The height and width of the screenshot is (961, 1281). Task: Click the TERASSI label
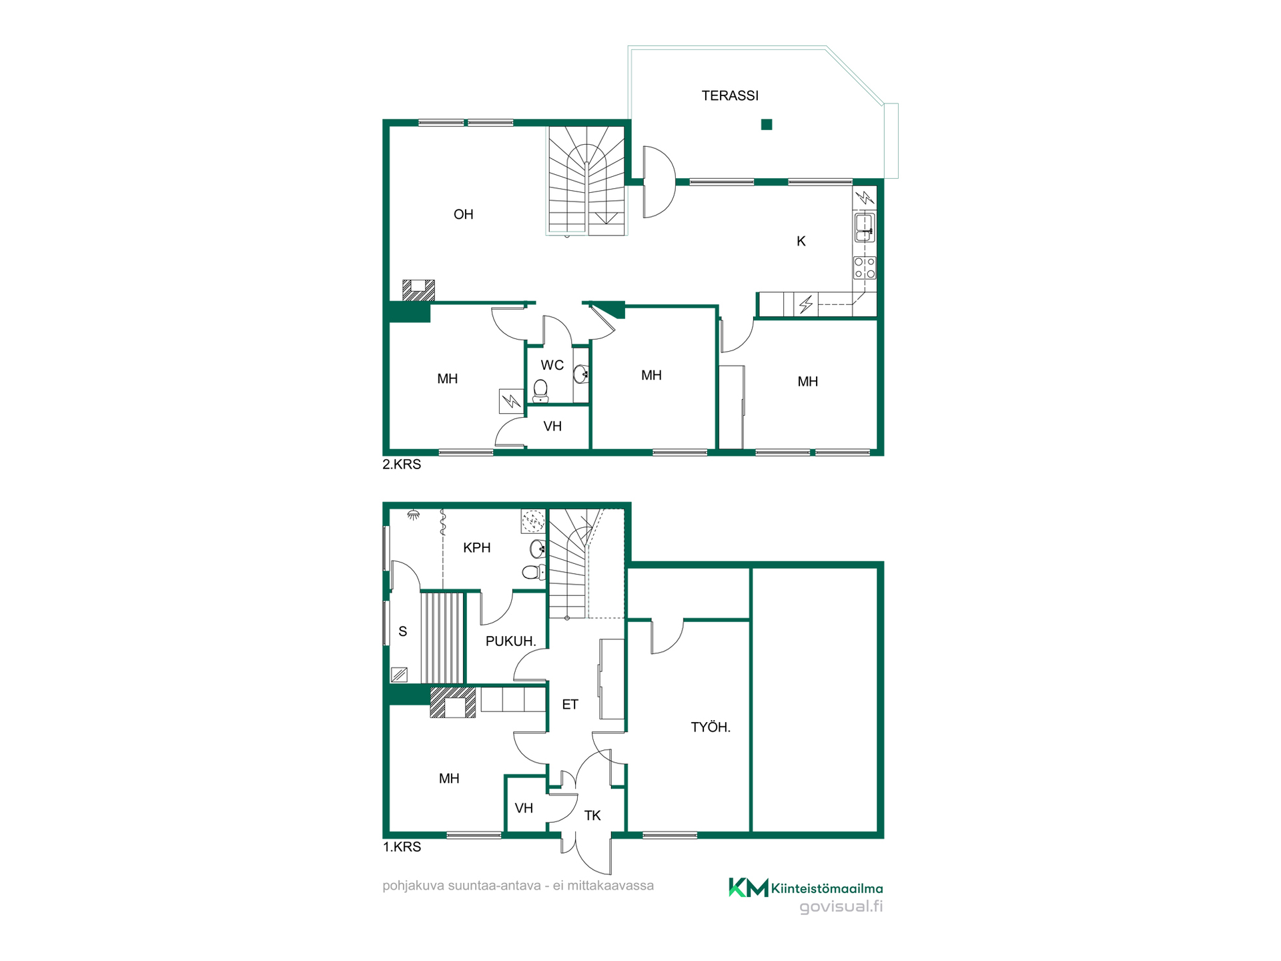[x=730, y=95]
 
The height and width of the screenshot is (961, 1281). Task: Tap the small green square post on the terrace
[x=767, y=124]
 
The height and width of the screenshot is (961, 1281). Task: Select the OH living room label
[x=463, y=214]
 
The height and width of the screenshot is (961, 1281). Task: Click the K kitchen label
[x=801, y=241]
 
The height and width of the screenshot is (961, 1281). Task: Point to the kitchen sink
[x=865, y=227]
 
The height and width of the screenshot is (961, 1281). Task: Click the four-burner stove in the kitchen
[x=865, y=268]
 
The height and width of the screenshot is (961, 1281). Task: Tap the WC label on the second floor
[x=552, y=365]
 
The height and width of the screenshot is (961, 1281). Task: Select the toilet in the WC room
[x=540, y=391]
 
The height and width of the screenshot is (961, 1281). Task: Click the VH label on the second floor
[x=552, y=426]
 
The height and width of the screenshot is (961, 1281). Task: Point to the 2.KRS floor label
[x=402, y=464]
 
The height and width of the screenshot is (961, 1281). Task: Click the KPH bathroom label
[x=477, y=548]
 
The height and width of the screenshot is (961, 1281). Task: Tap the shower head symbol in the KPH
[x=414, y=515]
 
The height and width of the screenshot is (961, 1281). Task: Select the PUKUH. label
[x=511, y=641]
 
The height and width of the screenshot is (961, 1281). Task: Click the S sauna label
[x=402, y=631]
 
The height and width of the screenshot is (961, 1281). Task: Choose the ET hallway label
[x=570, y=704]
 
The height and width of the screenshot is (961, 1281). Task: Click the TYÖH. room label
[x=711, y=727]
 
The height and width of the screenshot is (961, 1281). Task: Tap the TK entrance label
[x=592, y=816]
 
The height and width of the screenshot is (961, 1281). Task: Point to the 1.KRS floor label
[x=402, y=847]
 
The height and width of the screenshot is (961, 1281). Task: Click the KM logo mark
[x=748, y=887]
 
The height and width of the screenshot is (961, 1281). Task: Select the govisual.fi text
[x=841, y=906]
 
